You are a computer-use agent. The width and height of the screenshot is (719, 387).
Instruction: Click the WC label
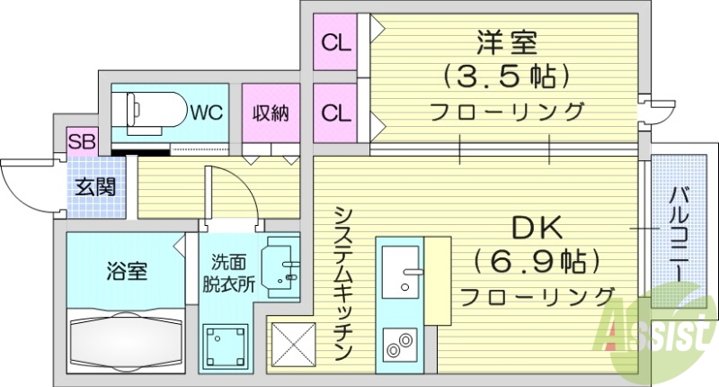click(x=207, y=112)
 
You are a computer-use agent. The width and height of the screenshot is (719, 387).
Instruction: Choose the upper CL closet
click(x=336, y=41)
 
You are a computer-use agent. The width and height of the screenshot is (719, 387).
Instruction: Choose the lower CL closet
click(x=336, y=113)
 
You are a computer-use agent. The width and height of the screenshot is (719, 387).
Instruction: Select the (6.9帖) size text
click(x=537, y=262)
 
